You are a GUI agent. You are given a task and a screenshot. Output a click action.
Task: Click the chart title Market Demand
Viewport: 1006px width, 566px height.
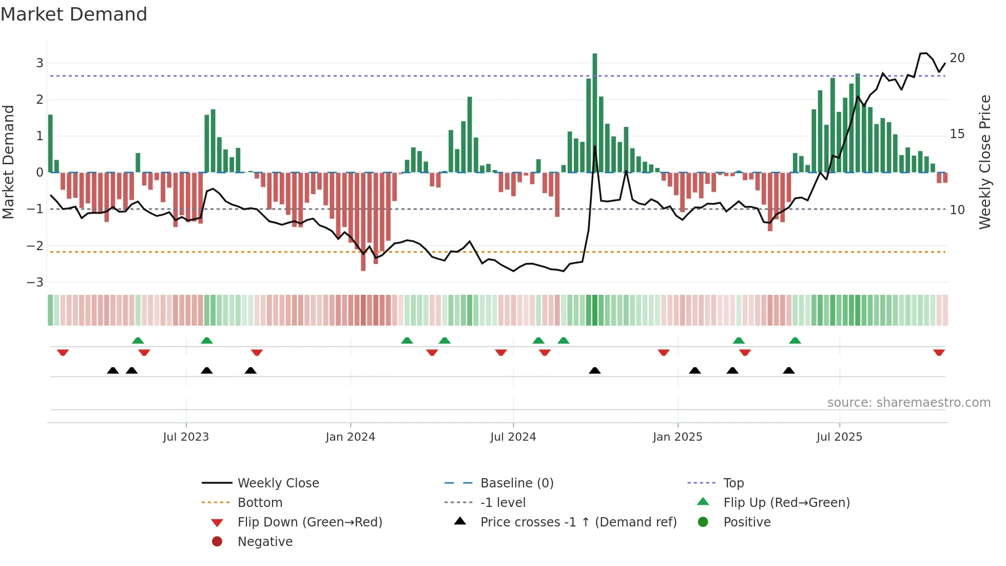point(74,14)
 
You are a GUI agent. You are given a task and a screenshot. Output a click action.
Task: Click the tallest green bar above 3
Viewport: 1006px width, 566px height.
point(594,113)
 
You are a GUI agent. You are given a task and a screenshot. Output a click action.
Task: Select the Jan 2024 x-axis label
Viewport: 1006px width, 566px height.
point(350,437)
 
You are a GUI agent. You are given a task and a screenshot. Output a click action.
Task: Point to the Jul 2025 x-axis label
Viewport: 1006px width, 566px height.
point(839,437)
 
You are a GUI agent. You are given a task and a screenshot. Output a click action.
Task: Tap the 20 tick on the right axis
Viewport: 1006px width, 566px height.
point(957,58)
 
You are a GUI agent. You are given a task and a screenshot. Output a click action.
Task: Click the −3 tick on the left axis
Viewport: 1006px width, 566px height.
point(35,282)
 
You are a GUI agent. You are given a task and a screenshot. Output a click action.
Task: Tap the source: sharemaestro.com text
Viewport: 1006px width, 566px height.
point(908,403)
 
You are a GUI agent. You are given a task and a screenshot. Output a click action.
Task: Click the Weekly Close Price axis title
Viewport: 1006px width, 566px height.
point(984,162)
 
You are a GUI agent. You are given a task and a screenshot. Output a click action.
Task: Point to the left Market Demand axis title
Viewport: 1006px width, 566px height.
point(9,162)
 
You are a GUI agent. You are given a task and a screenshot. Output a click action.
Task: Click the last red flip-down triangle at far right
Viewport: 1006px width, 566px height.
point(939,352)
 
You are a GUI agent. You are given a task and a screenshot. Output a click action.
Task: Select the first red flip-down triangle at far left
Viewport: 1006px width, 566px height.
point(63,352)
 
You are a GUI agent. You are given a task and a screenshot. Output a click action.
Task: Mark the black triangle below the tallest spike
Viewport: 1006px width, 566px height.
point(594,370)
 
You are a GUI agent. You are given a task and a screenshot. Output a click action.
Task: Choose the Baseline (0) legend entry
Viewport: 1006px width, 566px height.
point(516,483)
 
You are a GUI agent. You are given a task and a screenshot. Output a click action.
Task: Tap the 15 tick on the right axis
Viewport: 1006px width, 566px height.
point(957,134)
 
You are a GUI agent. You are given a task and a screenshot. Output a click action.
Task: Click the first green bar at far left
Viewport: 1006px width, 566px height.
point(50,144)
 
